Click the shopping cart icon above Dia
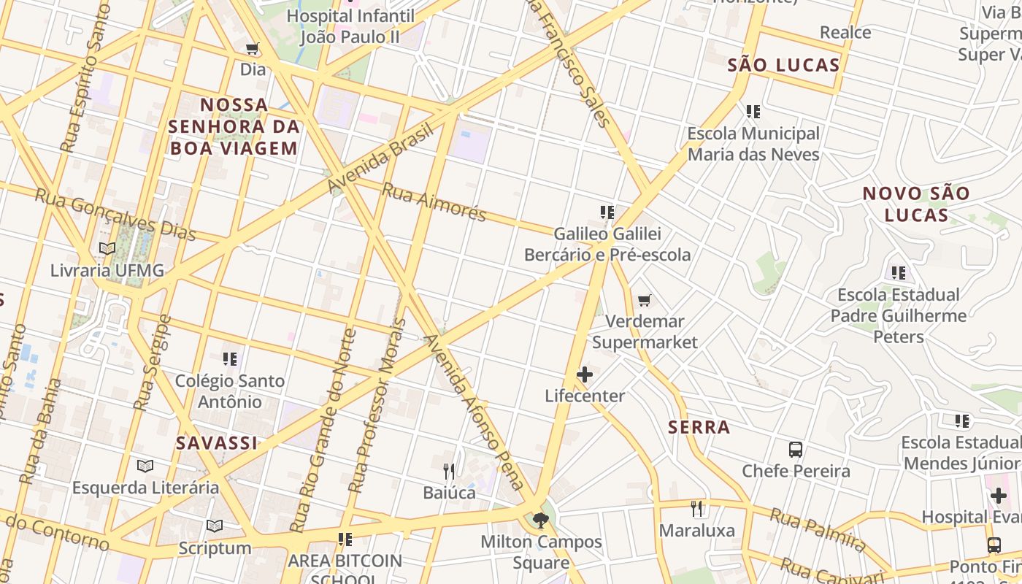[253, 49]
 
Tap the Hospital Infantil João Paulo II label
[350, 26]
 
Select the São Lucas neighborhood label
[783, 65]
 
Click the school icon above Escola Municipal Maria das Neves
[753, 112]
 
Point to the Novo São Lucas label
[916, 204]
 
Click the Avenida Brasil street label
[381, 158]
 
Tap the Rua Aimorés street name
[434, 201]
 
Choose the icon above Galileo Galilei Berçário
[607, 212]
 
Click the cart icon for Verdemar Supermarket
[645, 300]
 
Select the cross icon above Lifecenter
[585, 374]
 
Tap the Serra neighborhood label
[699, 427]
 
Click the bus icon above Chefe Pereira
[796, 450]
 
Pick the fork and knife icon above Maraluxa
[697, 508]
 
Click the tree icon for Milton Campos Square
[541, 520]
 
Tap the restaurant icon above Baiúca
[449, 471]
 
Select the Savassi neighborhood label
[217, 442]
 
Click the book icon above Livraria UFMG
[107, 248]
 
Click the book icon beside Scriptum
[215, 526]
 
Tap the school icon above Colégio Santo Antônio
[230, 359]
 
